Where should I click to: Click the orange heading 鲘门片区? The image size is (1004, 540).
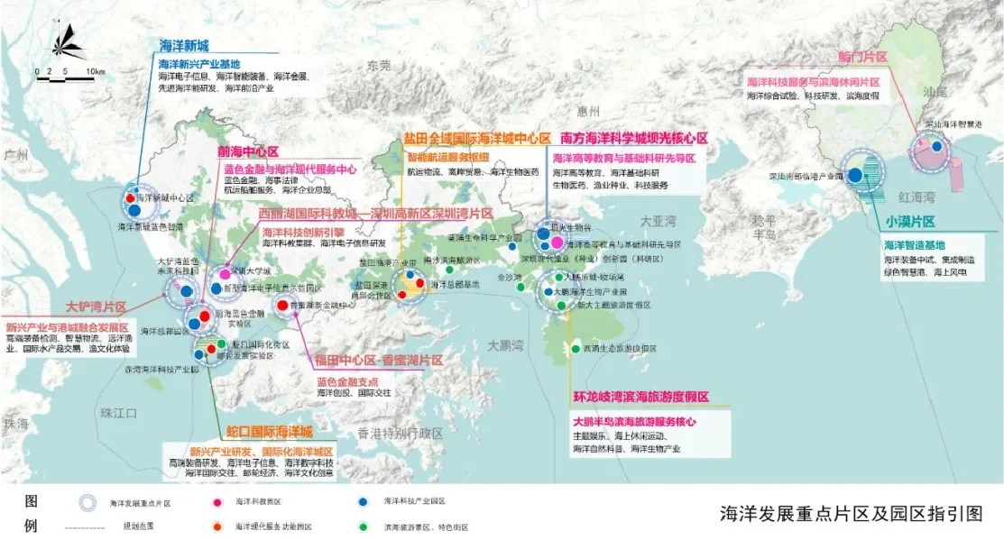point(862,57)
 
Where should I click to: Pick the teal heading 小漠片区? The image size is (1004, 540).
point(908,222)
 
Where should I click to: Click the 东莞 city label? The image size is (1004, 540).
point(379,66)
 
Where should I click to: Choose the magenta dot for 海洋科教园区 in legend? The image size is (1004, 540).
point(217,501)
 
